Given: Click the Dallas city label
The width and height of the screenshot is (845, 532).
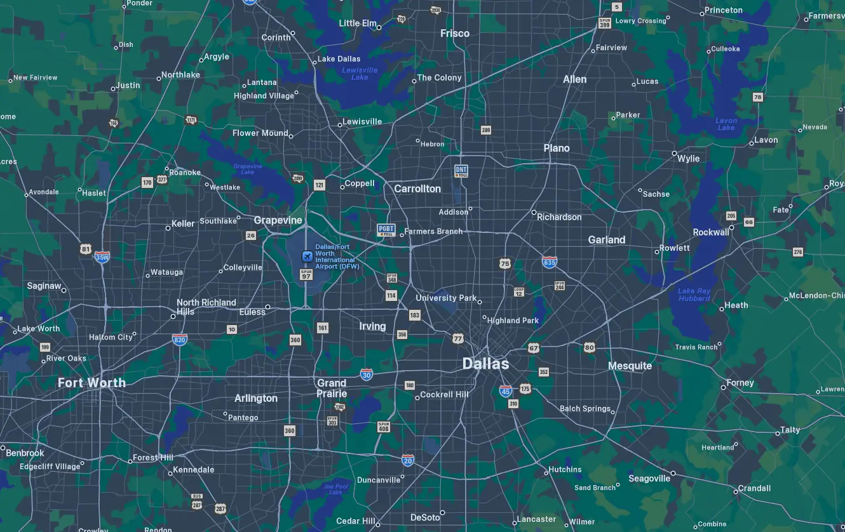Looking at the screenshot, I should (485, 364).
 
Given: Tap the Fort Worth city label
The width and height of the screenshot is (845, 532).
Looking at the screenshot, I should (91, 383).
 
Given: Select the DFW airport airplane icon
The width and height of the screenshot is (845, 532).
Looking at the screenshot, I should (307, 256).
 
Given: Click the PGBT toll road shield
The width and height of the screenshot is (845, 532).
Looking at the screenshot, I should (386, 230).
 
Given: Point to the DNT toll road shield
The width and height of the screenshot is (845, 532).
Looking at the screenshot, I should (461, 171).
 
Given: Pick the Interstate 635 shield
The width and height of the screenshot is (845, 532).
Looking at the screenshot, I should (550, 262).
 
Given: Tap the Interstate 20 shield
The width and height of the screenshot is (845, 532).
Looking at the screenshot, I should (408, 460).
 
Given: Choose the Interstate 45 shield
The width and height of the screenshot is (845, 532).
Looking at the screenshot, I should (506, 390).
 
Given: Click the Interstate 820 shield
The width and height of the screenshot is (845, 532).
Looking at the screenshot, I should (180, 340).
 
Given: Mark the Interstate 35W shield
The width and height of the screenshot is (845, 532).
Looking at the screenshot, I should (102, 257).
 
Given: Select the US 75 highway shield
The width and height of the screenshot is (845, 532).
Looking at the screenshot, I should (505, 263).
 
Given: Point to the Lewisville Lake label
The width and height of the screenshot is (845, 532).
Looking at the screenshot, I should (360, 74).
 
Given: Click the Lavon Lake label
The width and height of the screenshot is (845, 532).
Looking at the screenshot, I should (726, 124).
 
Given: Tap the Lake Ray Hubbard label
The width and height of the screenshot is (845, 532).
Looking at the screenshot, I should (694, 295).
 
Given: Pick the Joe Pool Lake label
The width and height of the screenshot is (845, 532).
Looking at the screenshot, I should (335, 489).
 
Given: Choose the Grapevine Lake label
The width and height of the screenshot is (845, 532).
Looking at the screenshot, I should (248, 169).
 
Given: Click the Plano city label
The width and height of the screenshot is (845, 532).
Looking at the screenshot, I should (557, 148).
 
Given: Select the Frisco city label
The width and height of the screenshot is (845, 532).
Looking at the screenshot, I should (455, 33).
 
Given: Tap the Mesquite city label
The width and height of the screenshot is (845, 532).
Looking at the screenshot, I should (630, 366).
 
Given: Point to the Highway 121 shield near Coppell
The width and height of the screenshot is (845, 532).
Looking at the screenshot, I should (319, 185).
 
